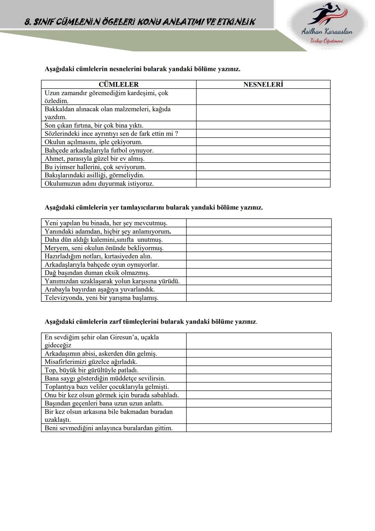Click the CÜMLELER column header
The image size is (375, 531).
(x=118, y=85)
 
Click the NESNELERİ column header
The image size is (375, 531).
(x=263, y=85)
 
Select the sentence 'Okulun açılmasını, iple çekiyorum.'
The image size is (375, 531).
(x=93, y=142)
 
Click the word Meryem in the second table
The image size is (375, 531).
(x=57, y=248)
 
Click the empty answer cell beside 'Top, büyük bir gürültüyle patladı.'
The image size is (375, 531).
(x=258, y=370)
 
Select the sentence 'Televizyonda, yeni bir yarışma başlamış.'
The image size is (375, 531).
(x=101, y=298)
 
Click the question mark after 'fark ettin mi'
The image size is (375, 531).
(x=176, y=134)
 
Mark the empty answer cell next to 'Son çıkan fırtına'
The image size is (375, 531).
(x=263, y=125)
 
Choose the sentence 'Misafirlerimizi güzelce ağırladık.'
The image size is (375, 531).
(x=91, y=362)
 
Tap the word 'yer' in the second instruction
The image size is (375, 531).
(x=114, y=208)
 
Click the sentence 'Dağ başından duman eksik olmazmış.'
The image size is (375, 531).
(x=97, y=273)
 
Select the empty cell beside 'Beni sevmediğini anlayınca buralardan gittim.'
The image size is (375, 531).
(x=258, y=428)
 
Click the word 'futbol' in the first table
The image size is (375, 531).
(x=119, y=150)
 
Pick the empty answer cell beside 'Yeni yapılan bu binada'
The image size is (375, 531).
(x=258, y=223)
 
